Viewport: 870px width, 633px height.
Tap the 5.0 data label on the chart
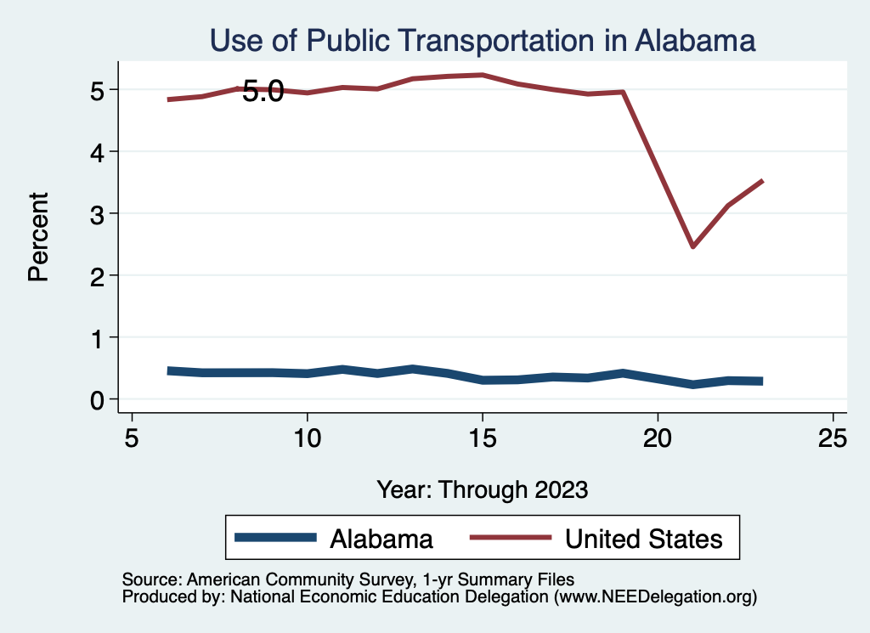pos(263,92)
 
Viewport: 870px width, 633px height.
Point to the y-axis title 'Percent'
pos(37,236)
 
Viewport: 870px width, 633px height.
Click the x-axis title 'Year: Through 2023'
pos(482,489)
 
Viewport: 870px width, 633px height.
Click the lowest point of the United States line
pos(692,246)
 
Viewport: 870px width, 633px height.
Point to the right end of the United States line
pos(762,181)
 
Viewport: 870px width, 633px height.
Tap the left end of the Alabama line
pos(170,370)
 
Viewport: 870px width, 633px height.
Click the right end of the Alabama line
pos(762,381)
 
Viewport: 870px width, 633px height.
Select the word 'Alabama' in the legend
pos(381,539)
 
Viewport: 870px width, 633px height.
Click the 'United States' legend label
pos(644,539)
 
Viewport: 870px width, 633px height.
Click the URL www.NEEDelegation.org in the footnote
pos(655,597)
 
